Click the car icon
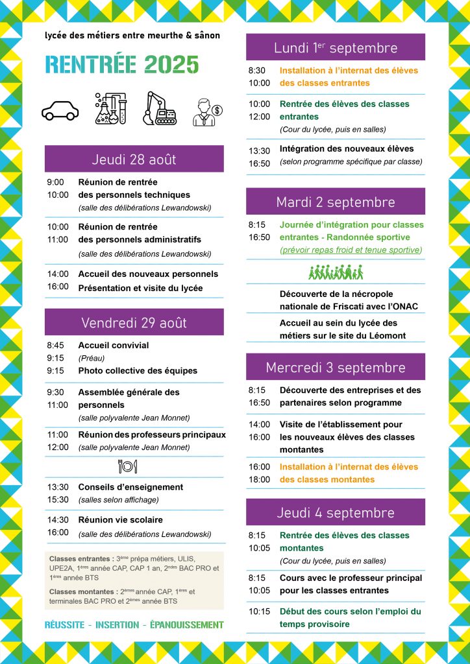[60, 110]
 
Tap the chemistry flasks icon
[110, 108]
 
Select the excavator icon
[160, 108]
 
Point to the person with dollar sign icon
[208, 112]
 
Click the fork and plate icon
[127, 466]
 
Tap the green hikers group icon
[335, 272]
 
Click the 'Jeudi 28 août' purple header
[134, 160]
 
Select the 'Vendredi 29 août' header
[134, 322]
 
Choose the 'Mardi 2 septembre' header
[335, 202]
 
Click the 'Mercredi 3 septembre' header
[335, 367]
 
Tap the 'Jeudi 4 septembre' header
[335, 512]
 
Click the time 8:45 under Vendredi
[55, 346]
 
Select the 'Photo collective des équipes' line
[138, 371]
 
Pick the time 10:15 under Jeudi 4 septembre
[260, 611]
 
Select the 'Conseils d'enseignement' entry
[130, 487]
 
